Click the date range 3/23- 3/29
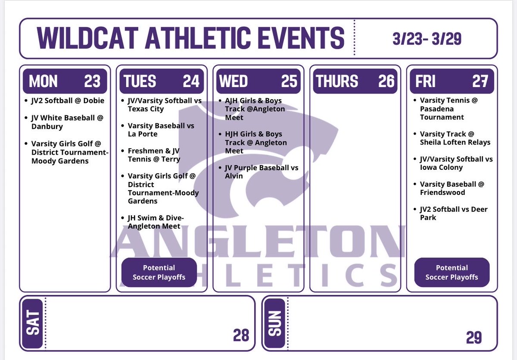(427, 39)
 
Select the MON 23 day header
(65, 81)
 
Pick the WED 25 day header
(258, 81)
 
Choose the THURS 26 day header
(355, 81)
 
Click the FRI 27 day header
(452, 81)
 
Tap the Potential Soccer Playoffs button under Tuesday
(159, 272)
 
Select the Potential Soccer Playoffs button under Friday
(452, 272)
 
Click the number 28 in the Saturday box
(241, 335)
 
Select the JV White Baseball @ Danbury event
(67, 122)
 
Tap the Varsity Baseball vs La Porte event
(161, 130)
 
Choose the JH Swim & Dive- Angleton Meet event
(156, 222)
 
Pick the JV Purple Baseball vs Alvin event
(262, 172)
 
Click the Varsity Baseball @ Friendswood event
(452, 188)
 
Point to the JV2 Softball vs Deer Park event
(454, 213)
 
